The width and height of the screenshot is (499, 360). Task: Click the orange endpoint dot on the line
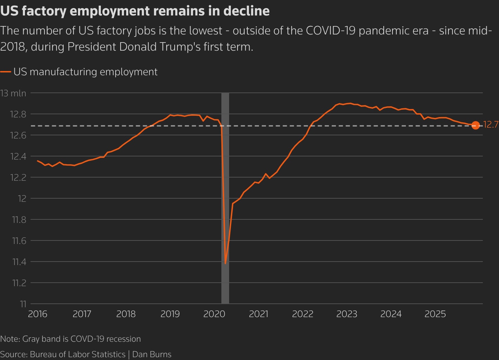coord(475,125)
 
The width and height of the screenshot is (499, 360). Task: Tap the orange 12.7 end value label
coord(491,125)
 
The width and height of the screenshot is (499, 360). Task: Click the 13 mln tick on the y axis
coord(13,93)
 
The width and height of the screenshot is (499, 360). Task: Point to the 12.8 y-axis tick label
coord(19,114)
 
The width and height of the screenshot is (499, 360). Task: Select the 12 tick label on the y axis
coord(22,199)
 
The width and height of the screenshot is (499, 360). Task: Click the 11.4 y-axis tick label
coord(19,262)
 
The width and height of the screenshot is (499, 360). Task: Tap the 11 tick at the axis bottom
coord(23,304)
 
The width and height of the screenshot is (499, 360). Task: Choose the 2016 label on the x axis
coord(38,314)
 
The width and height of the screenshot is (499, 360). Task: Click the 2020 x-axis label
coord(214,314)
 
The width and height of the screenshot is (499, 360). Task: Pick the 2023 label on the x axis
coord(346,314)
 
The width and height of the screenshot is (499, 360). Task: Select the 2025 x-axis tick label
coord(435,314)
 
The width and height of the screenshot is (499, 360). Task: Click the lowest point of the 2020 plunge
coord(225,263)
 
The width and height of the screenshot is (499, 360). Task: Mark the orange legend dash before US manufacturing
coord(6,72)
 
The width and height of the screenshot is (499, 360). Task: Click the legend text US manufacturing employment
coord(85,72)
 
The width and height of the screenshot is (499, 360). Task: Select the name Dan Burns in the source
coord(152,354)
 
